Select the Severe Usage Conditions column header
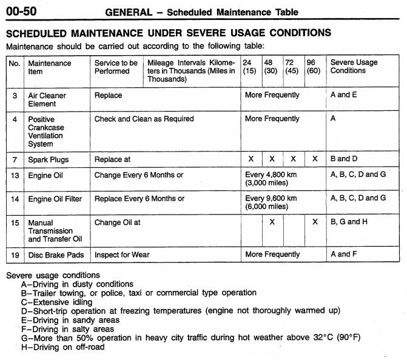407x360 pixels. click(354, 67)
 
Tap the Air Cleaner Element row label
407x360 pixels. click(47, 99)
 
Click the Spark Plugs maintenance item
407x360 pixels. click(49, 159)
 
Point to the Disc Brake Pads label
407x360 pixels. click(56, 255)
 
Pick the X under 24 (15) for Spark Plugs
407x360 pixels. click(251, 159)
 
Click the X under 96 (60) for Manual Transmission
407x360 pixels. click(315, 222)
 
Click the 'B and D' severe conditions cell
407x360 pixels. click(343, 159)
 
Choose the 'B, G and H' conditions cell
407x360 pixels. click(349, 222)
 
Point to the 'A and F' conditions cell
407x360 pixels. click(343, 255)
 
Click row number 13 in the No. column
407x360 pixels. click(15, 175)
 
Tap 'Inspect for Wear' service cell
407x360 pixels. click(122, 255)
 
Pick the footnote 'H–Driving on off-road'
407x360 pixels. click(62, 347)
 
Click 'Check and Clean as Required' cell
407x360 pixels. click(144, 119)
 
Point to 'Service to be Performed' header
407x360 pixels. click(116, 67)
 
